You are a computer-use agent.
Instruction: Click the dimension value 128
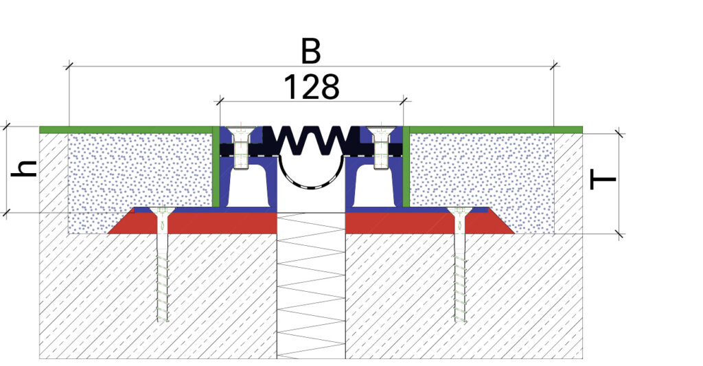pos(311,87)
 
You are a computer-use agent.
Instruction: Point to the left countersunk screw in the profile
pos(241,146)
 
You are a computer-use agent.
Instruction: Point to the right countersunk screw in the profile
pos(380,146)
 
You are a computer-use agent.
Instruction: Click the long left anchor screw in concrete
pos(161,268)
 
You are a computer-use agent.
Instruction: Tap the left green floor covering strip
pos(124,129)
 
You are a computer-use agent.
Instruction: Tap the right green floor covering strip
pos(494,129)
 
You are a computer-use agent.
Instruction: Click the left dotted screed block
pos(137,172)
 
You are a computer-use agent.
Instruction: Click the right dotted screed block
pos(481,172)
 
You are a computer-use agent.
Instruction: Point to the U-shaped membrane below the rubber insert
pos(310,182)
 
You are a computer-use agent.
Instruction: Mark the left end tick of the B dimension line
pos(69,67)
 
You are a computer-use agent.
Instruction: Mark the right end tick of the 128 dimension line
pos(402,102)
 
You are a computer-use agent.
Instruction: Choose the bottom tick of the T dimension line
pos(620,234)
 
